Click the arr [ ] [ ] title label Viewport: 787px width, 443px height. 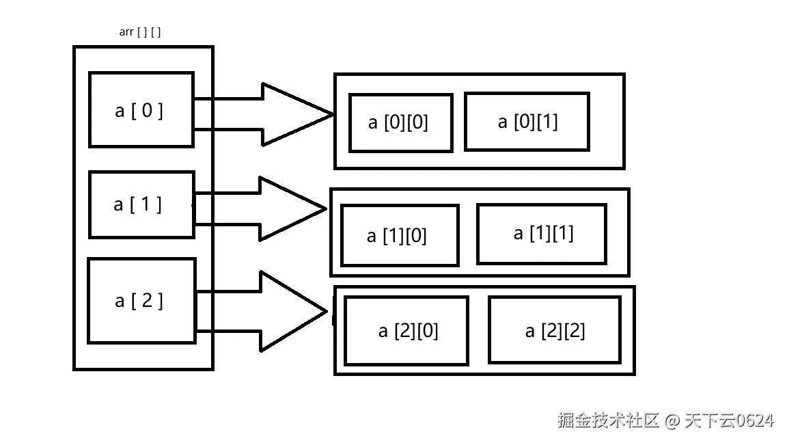pyautogui.click(x=140, y=32)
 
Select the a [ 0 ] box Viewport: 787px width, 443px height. pyautogui.click(x=141, y=109)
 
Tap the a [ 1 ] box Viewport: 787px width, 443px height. pyautogui.click(x=141, y=204)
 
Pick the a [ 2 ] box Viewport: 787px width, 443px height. pyautogui.click(x=141, y=300)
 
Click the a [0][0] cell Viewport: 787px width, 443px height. pyautogui.click(x=400, y=122)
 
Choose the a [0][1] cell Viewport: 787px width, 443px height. pyautogui.click(x=527, y=122)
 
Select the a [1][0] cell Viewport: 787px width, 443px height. pyautogui.click(x=399, y=236)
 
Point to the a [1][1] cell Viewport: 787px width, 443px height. pyautogui.click(x=541, y=234)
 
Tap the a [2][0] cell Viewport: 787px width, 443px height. pyautogui.click(x=406, y=331)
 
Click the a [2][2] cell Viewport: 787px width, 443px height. pyautogui.click(x=554, y=331)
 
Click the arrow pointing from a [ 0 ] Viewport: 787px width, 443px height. pyautogui.click(x=273, y=114)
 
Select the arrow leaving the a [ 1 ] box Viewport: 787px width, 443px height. pyautogui.click(x=270, y=209)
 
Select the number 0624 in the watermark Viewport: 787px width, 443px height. pyautogui.click(x=754, y=420)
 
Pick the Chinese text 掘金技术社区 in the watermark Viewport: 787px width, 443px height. pyautogui.click(x=609, y=420)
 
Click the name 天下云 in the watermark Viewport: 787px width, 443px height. pyautogui.click(x=708, y=420)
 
